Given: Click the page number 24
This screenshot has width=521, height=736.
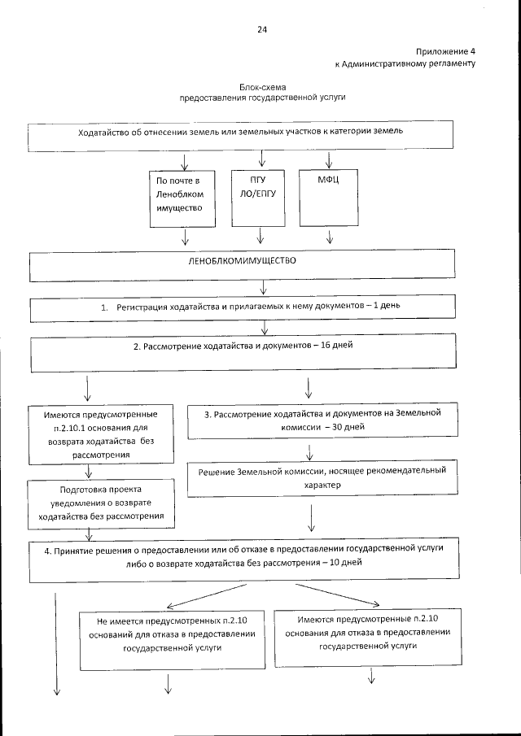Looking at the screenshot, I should pyautogui.click(x=261, y=30).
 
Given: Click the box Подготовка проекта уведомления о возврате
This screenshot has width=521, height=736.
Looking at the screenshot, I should pyautogui.click(x=101, y=503).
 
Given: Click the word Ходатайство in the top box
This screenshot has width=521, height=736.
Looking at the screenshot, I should pyautogui.click(x=103, y=132).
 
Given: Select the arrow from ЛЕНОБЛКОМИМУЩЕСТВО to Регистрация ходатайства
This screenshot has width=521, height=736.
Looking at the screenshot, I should pyautogui.click(x=263, y=289).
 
